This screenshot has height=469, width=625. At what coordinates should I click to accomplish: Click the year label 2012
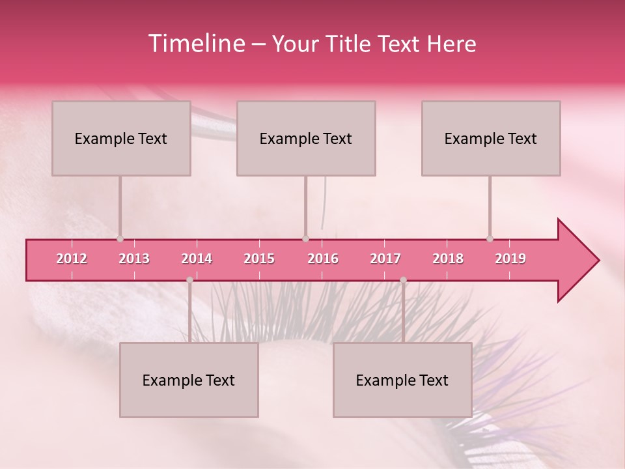(x=72, y=259)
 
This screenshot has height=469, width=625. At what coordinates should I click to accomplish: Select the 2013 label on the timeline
(x=134, y=259)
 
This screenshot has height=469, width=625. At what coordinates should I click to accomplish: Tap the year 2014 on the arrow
(x=197, y=259)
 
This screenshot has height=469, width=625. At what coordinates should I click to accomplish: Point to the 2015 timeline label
(x=259, y=259)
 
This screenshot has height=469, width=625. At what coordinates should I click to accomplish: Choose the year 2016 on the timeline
(x=323, y=259)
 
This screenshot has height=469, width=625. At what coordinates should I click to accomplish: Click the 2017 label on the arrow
(x=385, y=259)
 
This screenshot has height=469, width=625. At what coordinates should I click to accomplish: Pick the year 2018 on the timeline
(x=448, y=259)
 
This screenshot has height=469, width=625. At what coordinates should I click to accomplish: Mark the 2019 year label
(x=510, y=259)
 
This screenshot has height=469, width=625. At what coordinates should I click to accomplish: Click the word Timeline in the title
(x=195, y=44)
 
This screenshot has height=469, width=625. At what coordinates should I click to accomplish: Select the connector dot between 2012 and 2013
(x=120, y=238)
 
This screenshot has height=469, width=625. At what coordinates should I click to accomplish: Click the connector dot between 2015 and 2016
(x=305, y=238)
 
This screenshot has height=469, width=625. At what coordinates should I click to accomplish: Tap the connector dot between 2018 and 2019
(x=490, y=238)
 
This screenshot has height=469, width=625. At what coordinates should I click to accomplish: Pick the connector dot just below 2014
(x=189, y=280)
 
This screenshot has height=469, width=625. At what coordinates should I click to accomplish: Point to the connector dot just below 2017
(x=403, y=280)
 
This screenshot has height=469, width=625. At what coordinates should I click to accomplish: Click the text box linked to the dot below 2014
(x=189, y=380)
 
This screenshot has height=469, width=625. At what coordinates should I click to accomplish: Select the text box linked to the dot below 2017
(x=402, y=380)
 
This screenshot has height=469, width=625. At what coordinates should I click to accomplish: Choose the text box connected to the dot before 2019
(x=491, y=138)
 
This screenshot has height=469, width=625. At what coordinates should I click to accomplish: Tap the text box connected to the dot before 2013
(x=121, y=138)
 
